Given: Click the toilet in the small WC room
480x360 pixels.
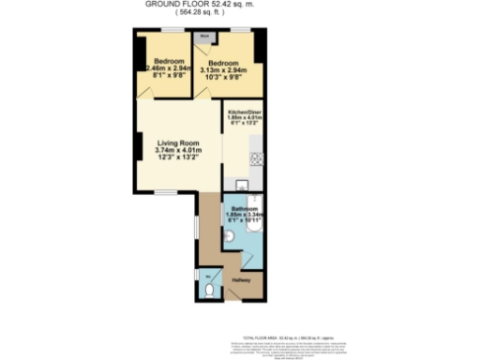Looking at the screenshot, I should point(208,292).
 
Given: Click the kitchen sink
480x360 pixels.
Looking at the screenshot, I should point(240,185).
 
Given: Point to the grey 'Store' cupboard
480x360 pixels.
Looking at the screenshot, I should point(203,37).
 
